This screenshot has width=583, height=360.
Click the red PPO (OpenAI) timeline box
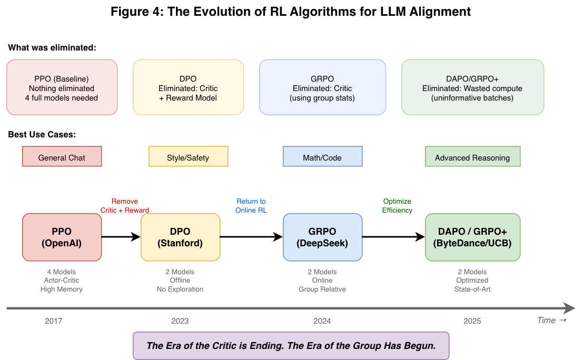pos(62,237)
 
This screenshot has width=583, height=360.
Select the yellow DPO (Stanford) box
pos(180,237)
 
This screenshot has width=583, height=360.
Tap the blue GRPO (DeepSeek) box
pos(322,237)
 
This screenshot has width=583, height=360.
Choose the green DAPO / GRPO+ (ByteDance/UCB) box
pos(472,237)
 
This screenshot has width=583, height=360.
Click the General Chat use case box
pos(62,157)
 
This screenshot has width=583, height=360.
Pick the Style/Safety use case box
pos(188,157)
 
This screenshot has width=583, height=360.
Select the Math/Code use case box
pos(322,157)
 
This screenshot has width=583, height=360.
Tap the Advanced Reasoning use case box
pos(472,157)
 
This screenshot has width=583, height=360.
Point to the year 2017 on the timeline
pos(54,321)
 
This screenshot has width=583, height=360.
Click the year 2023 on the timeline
pos(180,321)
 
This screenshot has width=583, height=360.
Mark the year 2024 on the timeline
pos(322,321)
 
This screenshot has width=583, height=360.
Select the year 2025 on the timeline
pos(472,321)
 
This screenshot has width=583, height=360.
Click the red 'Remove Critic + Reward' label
pos(125,206)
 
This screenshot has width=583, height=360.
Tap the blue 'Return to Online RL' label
pos(251,206)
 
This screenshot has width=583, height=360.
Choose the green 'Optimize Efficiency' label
pos(397,206)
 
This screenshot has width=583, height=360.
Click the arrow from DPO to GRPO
pos(251,237)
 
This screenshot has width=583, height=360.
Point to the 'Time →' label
pos(551,321)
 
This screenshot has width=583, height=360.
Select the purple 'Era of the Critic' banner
pos(291,346)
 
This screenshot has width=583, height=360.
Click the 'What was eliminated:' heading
pos(52,48)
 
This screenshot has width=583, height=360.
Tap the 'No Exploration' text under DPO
pos(180,289)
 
